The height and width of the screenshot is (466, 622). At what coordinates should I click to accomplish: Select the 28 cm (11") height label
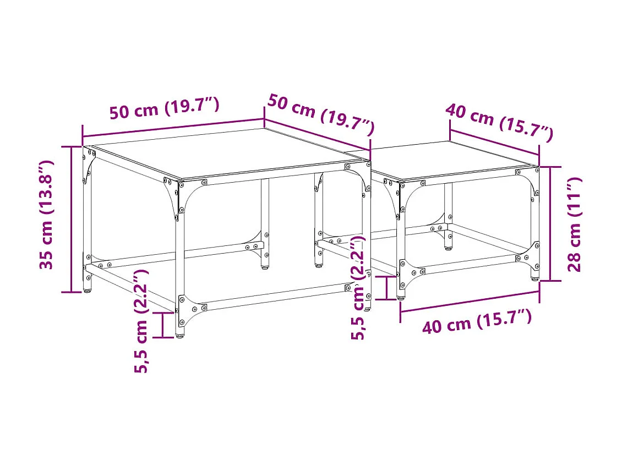pos(575,224)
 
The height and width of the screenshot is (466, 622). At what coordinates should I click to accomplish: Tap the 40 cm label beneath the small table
pos(477,321)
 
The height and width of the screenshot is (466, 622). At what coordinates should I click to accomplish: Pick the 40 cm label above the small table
pos(499,122)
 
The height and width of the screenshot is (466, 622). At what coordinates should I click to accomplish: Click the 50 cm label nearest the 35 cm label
pos(165,108)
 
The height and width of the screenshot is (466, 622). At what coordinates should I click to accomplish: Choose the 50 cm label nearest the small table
pos(321,114)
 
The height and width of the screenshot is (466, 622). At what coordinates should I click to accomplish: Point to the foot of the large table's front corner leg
pos(179,334)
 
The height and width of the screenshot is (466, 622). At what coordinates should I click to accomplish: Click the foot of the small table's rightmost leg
pos(535,278)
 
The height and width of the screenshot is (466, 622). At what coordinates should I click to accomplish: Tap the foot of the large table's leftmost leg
pos(88,289)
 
